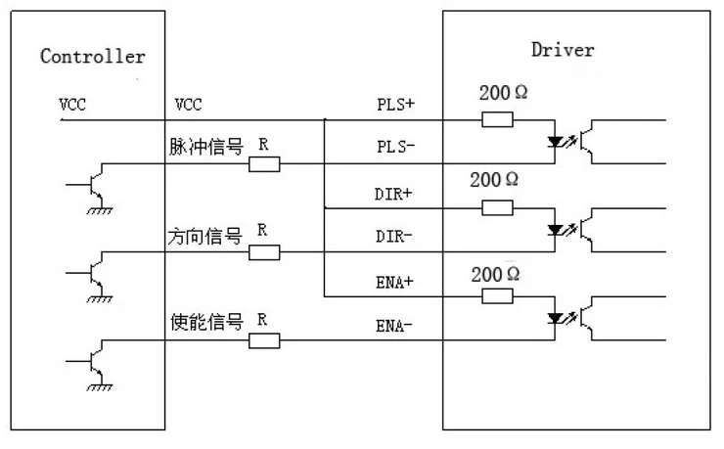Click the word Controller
coord(92,57)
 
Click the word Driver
coord(563,50)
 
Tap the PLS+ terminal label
coord(395,105)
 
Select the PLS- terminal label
coord(395,147)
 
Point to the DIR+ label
coord(393,194)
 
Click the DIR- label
coord(393,237)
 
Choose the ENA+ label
coord(394,282)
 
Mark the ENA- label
coord(394,326)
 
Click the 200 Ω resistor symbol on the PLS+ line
coord(497,119)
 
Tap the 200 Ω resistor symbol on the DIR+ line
coord(497,207)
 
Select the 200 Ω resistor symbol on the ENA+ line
coord(497,295)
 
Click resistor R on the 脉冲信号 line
coord(264,164)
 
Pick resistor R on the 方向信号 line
coord(264,252)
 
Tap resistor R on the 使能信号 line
coord(264,340)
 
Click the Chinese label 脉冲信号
coord(205,147)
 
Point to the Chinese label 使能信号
coord(206,322)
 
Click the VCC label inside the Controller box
coord(72,105)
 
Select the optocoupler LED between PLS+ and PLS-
coord(555,142)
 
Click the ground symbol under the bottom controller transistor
coord(99,387)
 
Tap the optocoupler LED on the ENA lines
coord(555,318)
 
